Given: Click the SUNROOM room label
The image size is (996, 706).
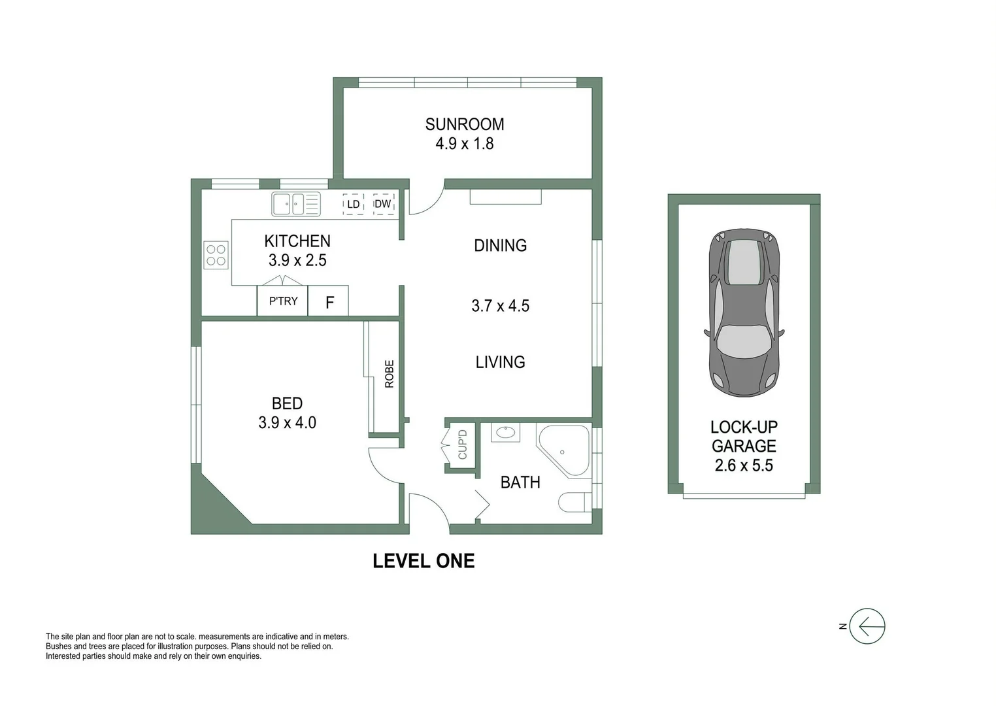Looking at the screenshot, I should click(x=464, y=124).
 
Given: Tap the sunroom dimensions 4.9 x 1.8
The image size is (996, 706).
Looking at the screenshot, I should click(x=464, y=144).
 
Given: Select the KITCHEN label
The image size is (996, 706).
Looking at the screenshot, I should click(x=297, y=241).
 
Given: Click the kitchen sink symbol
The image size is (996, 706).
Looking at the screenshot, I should click(x=296, y=204).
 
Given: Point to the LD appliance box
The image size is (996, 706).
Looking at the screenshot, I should click(x=353, y=204).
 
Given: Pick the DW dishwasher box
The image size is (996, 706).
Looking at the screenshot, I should click(x=383, y=204).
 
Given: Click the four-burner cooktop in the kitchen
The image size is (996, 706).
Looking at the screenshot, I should click(x=216, y=255).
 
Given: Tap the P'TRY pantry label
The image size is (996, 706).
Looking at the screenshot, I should click(x=283, y=301).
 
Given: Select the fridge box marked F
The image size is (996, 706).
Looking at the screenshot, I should click(x=329, y=302).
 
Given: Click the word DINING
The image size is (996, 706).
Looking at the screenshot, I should click(x=500, y=246).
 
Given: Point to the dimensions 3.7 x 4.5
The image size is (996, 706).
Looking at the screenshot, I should click(x=500, y=306).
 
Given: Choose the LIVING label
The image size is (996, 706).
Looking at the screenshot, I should click(x=500, y=362).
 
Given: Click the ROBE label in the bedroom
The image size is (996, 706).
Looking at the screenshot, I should click(x=390, y=374).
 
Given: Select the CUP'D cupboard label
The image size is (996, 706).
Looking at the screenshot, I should click(x=462, y=444).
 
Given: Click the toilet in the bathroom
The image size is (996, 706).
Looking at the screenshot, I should click(x=573, y=502).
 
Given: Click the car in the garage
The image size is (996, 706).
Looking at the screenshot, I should click(x=744, y=312).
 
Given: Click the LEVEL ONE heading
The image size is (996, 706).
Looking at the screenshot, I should click(x=423, y=561).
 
